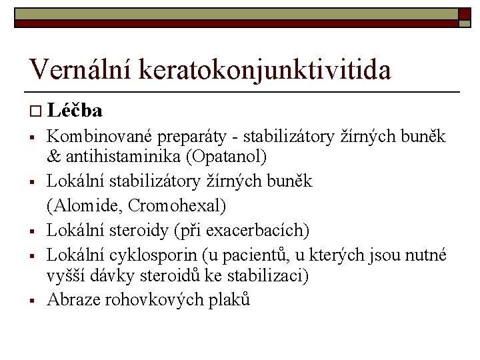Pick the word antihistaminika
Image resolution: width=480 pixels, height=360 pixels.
pos(121,157)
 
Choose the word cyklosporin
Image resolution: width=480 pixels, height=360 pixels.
pos(151,255)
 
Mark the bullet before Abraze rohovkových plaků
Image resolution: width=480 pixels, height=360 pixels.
pos(31,300)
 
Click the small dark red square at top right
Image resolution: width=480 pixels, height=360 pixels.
pos(465,15)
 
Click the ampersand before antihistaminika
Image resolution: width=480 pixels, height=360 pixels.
pos(53,157)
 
